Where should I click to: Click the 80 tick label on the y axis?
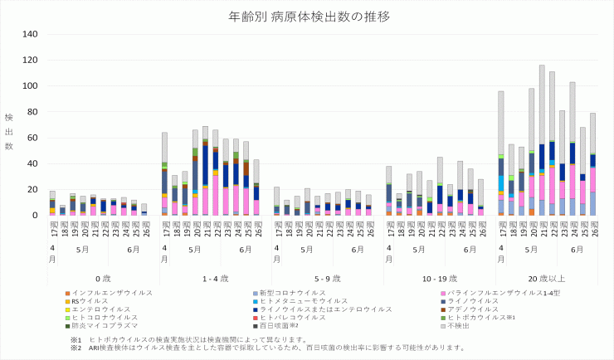[32, 112]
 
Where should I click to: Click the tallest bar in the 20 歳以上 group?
[542, 140]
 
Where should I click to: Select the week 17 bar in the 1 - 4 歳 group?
[165, 174]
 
